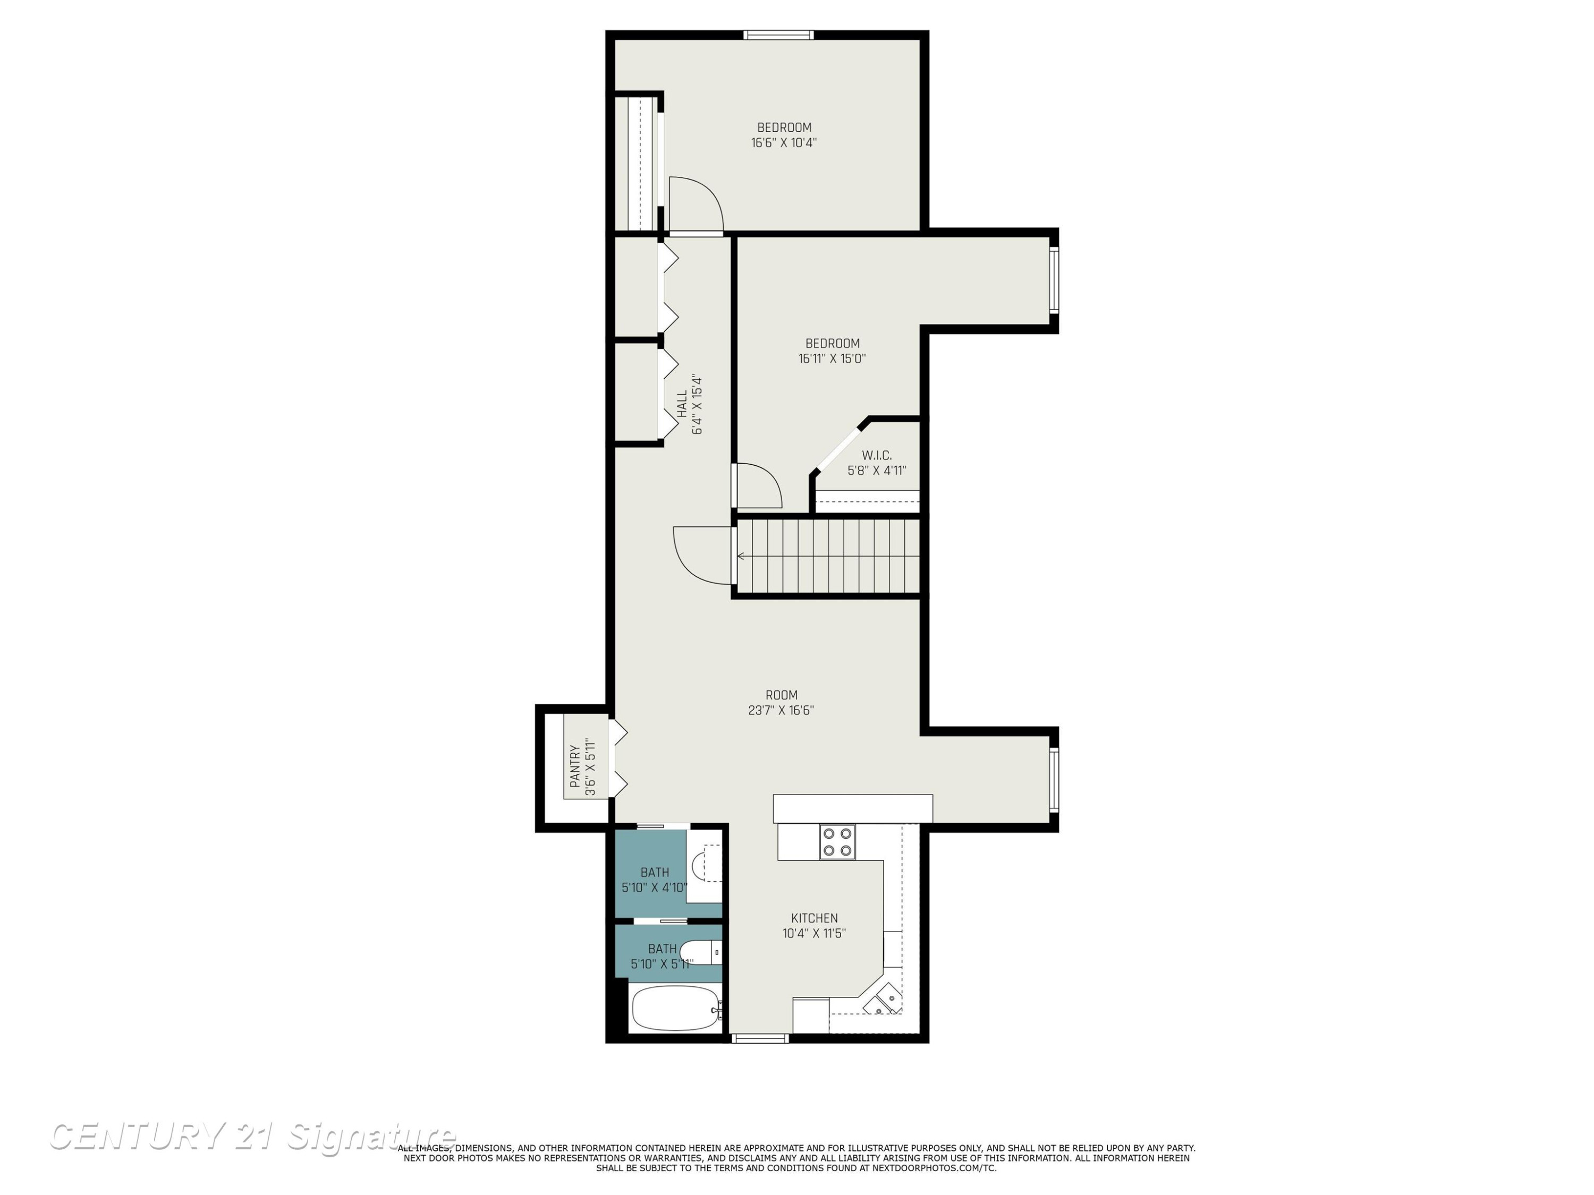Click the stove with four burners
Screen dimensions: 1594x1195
click(837, 842)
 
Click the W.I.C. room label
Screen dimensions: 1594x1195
click(877, 455)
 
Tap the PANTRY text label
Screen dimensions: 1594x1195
click(575, 766)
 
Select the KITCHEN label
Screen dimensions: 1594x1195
click(815, 918)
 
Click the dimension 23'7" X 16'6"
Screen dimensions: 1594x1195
click(781, 710)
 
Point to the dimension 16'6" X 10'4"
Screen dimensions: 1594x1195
click(784, 143)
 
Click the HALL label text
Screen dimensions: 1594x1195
click(682, 404)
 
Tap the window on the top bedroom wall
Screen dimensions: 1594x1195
click(778, 35)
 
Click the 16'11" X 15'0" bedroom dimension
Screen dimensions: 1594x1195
click(832, 358)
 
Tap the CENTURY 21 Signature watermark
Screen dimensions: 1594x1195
click(252, 1136)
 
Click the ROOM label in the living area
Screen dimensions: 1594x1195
click(781, 695)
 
